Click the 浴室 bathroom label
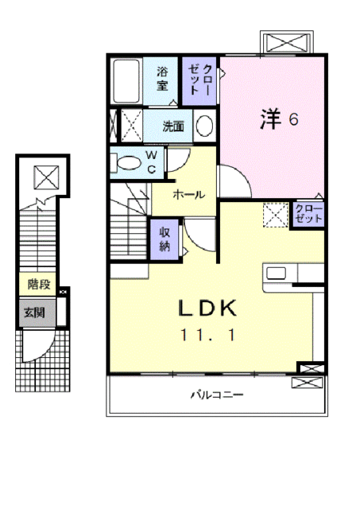coord(162,77)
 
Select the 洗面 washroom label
coord(173,126)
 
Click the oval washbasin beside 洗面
coord(204,126)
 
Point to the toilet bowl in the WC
coord(127,163)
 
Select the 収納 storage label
coord(165,239)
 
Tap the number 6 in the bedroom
coord(293,121)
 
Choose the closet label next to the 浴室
coord(199,80)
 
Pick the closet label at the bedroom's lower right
coord(308,212)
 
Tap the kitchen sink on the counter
coord(277,274)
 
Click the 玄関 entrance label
coord(33,313)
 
